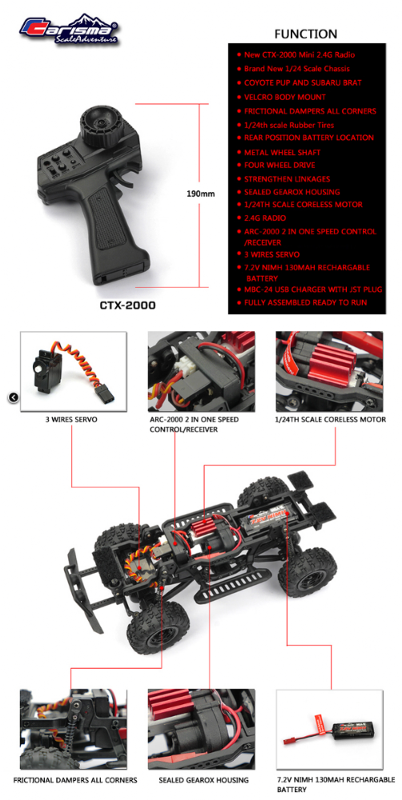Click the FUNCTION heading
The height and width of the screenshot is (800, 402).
point(305,34)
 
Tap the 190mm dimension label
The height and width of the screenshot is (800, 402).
point(201,194)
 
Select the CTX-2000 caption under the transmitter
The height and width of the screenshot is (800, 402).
point(127,306)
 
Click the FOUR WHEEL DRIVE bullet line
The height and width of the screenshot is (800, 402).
point(279,166)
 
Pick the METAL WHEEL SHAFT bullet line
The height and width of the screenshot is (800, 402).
point(282,152)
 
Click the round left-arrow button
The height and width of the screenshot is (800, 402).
point(14,398)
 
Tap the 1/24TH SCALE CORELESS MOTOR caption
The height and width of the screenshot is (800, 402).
point(329,420)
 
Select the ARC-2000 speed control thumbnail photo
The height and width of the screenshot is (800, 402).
point(201,371)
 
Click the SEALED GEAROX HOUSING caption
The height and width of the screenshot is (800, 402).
point(203,780)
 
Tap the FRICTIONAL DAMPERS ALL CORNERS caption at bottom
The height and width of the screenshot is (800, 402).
point(75,780)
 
